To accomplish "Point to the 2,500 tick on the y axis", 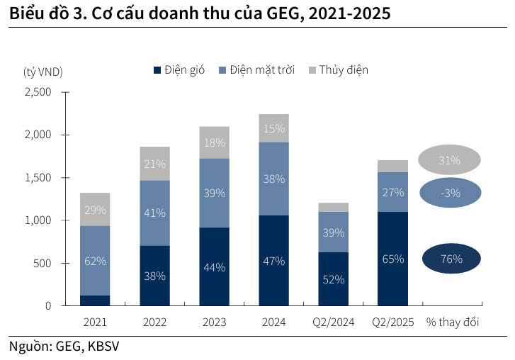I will click(x=38, y=92).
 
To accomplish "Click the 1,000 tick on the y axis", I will click(x=38, y=220).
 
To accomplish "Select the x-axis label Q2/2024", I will click(x=333, y=322).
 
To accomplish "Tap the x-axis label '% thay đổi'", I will click(x=452, y=322).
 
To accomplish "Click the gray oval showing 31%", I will click(x=449, y=161).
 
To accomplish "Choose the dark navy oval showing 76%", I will click(x=451, y=259).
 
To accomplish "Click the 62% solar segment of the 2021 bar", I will click(x=95, y=261).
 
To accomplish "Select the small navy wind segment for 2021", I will click(x=95, y=300).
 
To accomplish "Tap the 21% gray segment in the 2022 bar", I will click(x=154, y=164).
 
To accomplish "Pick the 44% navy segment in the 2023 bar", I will click(x=214, y=267).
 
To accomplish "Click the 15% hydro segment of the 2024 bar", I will click(x=273, y=128).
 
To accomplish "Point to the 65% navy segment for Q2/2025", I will click(x=392, y=259).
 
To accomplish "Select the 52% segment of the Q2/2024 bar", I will click(x=333, y=279).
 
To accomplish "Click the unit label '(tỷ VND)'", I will click(x=43, y=71).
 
